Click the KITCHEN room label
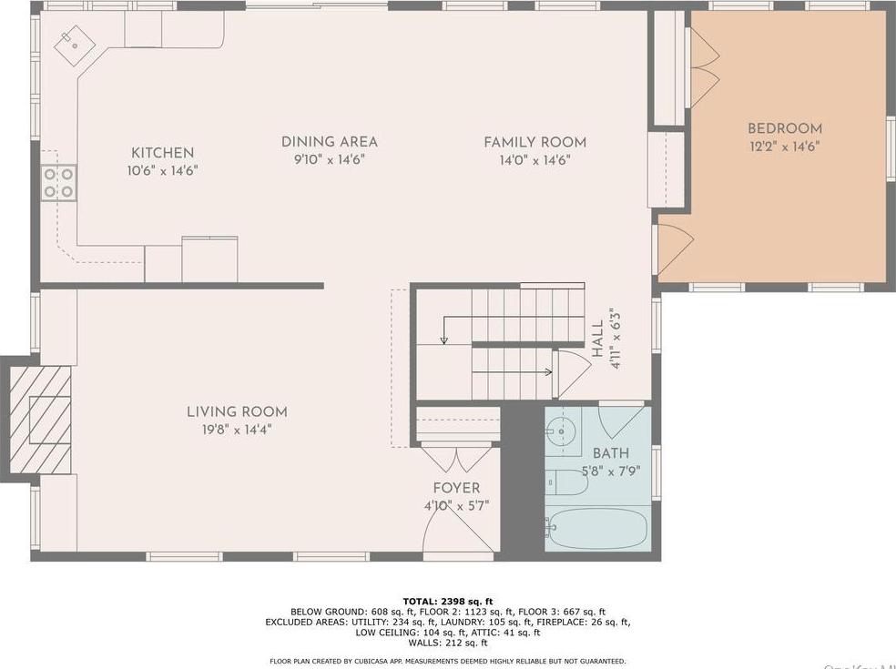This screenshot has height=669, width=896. (162, 153)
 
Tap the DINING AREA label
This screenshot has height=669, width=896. (329, 142)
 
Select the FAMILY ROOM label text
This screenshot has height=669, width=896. (535, 142)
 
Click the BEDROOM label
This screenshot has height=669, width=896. (784, 129)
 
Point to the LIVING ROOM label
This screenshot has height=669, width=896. (237, 412)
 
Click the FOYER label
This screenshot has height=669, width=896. (456, 489)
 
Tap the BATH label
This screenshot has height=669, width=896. (610, 453)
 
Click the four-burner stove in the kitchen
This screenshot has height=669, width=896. (58, 182)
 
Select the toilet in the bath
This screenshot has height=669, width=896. (565, 482)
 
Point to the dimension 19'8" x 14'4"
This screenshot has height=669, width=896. (237, 429)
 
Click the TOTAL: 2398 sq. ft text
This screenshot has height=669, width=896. (448, 601)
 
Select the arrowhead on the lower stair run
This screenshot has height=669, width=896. (549, 371)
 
